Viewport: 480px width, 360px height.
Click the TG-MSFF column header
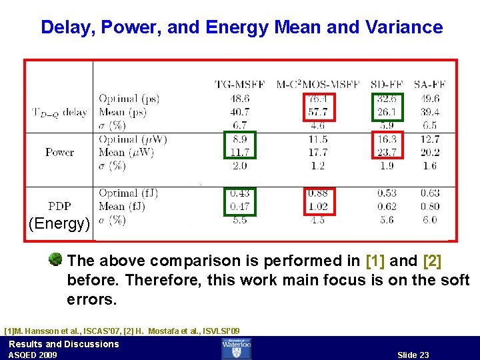[x=239, y=84]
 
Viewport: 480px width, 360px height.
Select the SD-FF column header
[x=386, y=84]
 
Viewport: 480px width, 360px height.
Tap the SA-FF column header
[x=430, y=84]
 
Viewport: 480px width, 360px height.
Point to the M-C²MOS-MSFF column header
[x=318, y=84]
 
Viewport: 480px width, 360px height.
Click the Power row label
[x=59, y=152]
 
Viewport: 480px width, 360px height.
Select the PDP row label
[x=59, y=206]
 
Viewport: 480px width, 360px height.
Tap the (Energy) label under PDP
[x=59, y=223]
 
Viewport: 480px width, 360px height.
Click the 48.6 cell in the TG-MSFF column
[x=239, y=99]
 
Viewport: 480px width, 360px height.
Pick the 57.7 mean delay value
[x=318, y=112]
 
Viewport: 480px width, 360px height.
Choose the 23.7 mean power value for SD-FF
[x=386, y=152]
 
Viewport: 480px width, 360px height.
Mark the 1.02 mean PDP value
[x=318, y=207]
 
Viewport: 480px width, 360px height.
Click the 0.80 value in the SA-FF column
[x=430, y=207]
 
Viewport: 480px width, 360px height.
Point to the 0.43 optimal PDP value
[x=239, y=193]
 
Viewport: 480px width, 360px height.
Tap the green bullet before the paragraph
[x=56, y=259]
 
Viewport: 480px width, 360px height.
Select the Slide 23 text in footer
[x=413, y=355]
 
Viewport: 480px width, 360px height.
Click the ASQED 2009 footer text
[x=33, y=355]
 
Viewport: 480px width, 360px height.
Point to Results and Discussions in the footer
[x=63, y=344]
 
